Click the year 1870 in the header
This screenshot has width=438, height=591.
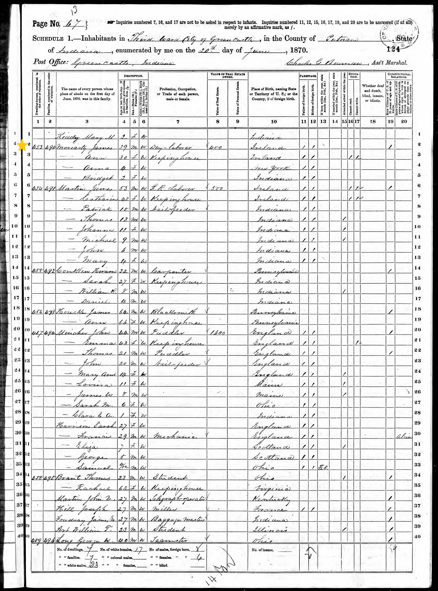pos(299,50)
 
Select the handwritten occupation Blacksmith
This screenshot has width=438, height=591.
pos(174,312)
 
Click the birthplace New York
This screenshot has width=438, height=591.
pos(274,168)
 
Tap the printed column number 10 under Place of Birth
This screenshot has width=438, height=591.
pos(274,121)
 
